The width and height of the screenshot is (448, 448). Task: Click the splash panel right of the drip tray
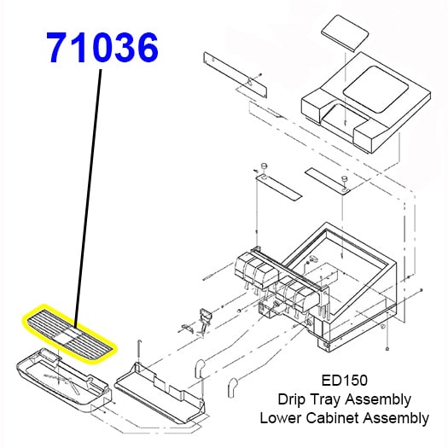(x=158, y=388)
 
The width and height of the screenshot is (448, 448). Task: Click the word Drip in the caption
(x=291, y=399)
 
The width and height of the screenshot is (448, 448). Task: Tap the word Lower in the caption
(x=282, y=418)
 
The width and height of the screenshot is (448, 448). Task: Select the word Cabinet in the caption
(x=338, y=418)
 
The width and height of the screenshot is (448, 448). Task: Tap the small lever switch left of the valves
(x=205, y=317)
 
